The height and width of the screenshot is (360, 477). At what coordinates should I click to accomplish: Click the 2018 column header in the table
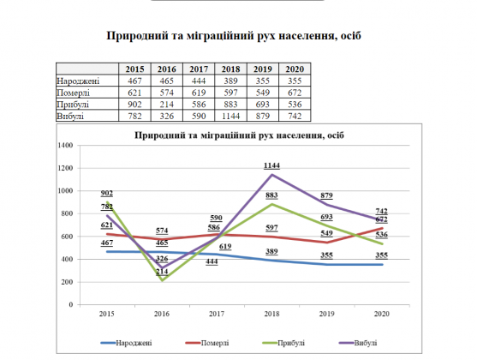230,69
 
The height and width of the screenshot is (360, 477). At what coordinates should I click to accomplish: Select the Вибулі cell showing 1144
230,116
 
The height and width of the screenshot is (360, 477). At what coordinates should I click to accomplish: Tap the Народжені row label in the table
78,81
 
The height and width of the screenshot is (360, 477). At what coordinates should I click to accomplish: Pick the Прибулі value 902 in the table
134,105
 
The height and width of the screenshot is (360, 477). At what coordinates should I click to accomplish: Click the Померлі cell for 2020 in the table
295,93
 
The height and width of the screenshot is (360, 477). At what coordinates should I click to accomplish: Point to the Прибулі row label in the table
73,105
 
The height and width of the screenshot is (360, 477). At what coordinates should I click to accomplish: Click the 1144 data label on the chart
271,165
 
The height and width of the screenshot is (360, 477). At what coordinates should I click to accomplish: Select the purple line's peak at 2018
271,175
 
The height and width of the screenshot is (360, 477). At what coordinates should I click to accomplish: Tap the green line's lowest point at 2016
162,280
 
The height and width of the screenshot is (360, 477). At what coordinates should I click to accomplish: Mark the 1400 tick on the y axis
65,145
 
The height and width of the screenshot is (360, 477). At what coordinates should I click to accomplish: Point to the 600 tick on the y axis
67,237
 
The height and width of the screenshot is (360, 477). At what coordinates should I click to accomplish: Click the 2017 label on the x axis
217,314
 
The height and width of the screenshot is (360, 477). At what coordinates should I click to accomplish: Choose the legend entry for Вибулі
358,343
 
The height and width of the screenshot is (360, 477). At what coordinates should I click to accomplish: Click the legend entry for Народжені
126,343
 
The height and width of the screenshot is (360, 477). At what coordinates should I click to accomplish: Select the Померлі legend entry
207,343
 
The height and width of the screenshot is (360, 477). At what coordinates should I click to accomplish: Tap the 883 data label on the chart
271,195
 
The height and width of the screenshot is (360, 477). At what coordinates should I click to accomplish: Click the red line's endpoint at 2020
382,228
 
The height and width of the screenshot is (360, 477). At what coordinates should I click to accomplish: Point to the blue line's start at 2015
107,252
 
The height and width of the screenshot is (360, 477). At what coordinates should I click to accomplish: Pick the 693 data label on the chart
327,217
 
